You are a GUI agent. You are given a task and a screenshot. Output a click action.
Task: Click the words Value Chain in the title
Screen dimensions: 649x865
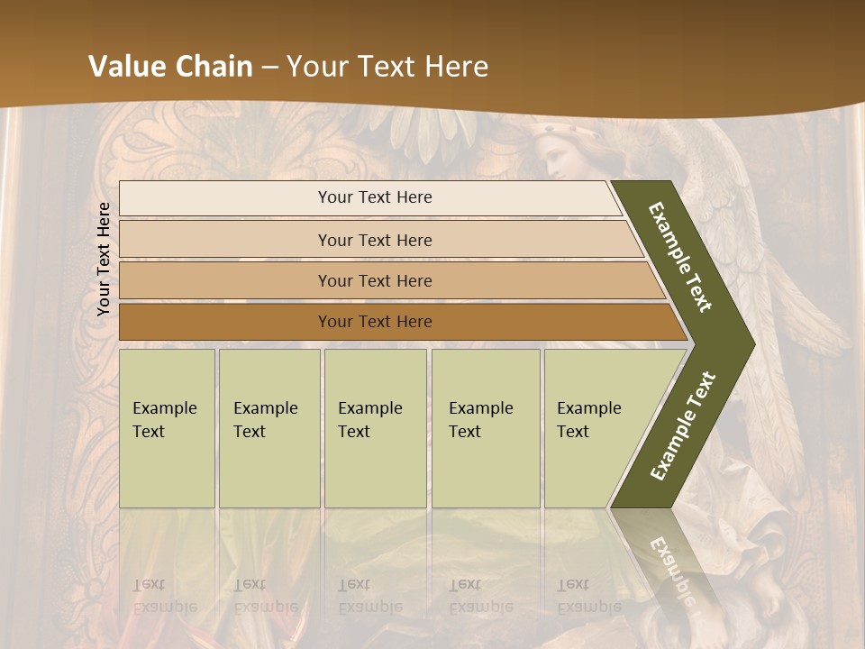click(170, 66)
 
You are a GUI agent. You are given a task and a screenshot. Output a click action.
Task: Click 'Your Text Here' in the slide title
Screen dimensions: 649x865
click(387, 66)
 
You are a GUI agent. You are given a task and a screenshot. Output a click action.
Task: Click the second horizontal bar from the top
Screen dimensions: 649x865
click(375, 240)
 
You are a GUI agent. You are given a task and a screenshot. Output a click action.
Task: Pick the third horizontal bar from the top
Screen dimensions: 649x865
click(375, 280)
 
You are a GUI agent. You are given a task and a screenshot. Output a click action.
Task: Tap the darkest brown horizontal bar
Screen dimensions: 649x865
click(375, 322)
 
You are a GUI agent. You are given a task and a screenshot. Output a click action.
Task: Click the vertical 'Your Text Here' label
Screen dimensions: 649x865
click(104, 259)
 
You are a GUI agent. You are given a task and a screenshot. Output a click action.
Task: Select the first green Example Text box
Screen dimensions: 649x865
click(167, 428)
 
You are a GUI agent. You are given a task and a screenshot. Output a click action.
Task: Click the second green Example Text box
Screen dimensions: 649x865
click(269, 428)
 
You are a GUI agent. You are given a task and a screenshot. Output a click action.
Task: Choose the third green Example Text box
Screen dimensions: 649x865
click(375, 428)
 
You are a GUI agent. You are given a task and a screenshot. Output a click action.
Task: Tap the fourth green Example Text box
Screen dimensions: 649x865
click(485, 428)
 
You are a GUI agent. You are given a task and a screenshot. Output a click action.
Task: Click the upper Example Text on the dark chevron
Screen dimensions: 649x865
click(680, 257)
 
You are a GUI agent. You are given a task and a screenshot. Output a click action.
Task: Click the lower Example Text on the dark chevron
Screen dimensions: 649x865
click(682, 426)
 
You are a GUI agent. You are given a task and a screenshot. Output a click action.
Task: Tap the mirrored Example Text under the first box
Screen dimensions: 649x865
click(164, 596)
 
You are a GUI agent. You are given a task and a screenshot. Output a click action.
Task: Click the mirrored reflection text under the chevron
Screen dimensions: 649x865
click(674, 563)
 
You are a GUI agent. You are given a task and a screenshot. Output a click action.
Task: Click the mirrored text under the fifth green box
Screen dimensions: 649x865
click(589, 596)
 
